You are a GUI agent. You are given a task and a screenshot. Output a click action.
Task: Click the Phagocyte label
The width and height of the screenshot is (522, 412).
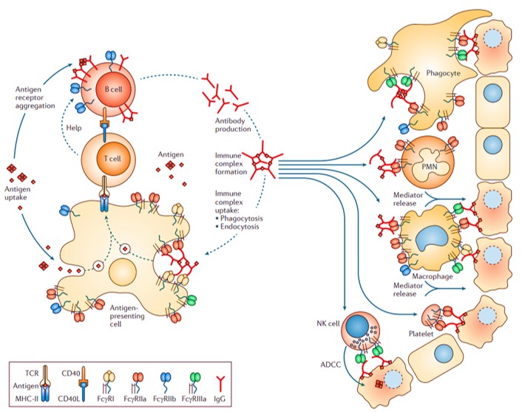(x=444, y=73)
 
